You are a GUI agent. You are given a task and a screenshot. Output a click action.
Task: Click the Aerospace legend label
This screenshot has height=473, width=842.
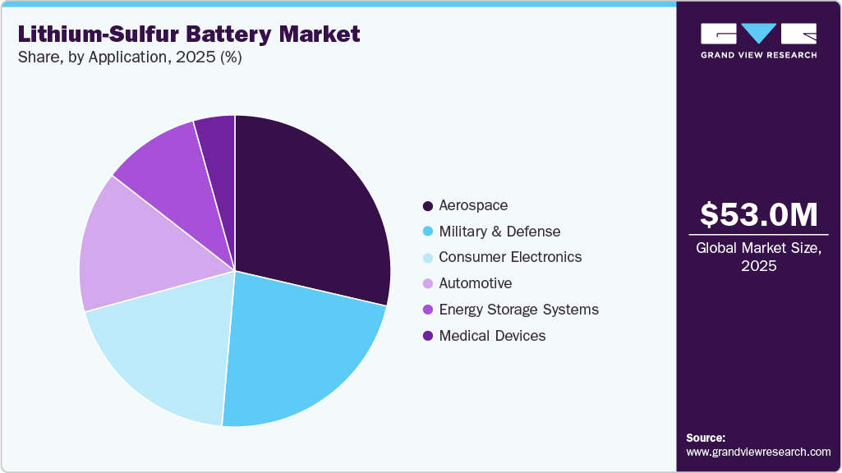point(473,204)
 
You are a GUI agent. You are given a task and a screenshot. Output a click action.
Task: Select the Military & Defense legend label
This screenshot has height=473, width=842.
point(499,231)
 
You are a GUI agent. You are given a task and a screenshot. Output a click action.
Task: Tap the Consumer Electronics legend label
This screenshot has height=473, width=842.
point(510,257)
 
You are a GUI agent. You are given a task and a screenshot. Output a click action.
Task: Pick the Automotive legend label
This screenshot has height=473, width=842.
point(475,283)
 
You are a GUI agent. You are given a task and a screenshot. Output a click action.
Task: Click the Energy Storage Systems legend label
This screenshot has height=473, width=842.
point(518,310)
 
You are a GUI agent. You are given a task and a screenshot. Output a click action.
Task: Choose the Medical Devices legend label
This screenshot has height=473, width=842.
point(492,336)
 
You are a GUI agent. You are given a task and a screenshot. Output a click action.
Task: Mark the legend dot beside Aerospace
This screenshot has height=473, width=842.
point(427,205)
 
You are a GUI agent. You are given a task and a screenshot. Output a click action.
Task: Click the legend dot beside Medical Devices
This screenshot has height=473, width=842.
point(427,336)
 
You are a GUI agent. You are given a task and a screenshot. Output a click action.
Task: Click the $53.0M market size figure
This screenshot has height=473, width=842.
point(758,214)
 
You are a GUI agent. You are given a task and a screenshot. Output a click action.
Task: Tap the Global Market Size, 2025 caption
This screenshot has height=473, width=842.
point(758,256)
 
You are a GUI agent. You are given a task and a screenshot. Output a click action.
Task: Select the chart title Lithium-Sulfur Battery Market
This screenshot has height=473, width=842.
point(189,34)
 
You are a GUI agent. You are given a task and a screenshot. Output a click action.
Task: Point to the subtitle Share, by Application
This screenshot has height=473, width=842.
point(129,58)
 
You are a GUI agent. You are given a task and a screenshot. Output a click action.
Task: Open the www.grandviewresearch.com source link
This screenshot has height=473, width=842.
point(758,452)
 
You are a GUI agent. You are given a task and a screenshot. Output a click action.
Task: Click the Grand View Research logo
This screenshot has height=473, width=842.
point(758,40)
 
